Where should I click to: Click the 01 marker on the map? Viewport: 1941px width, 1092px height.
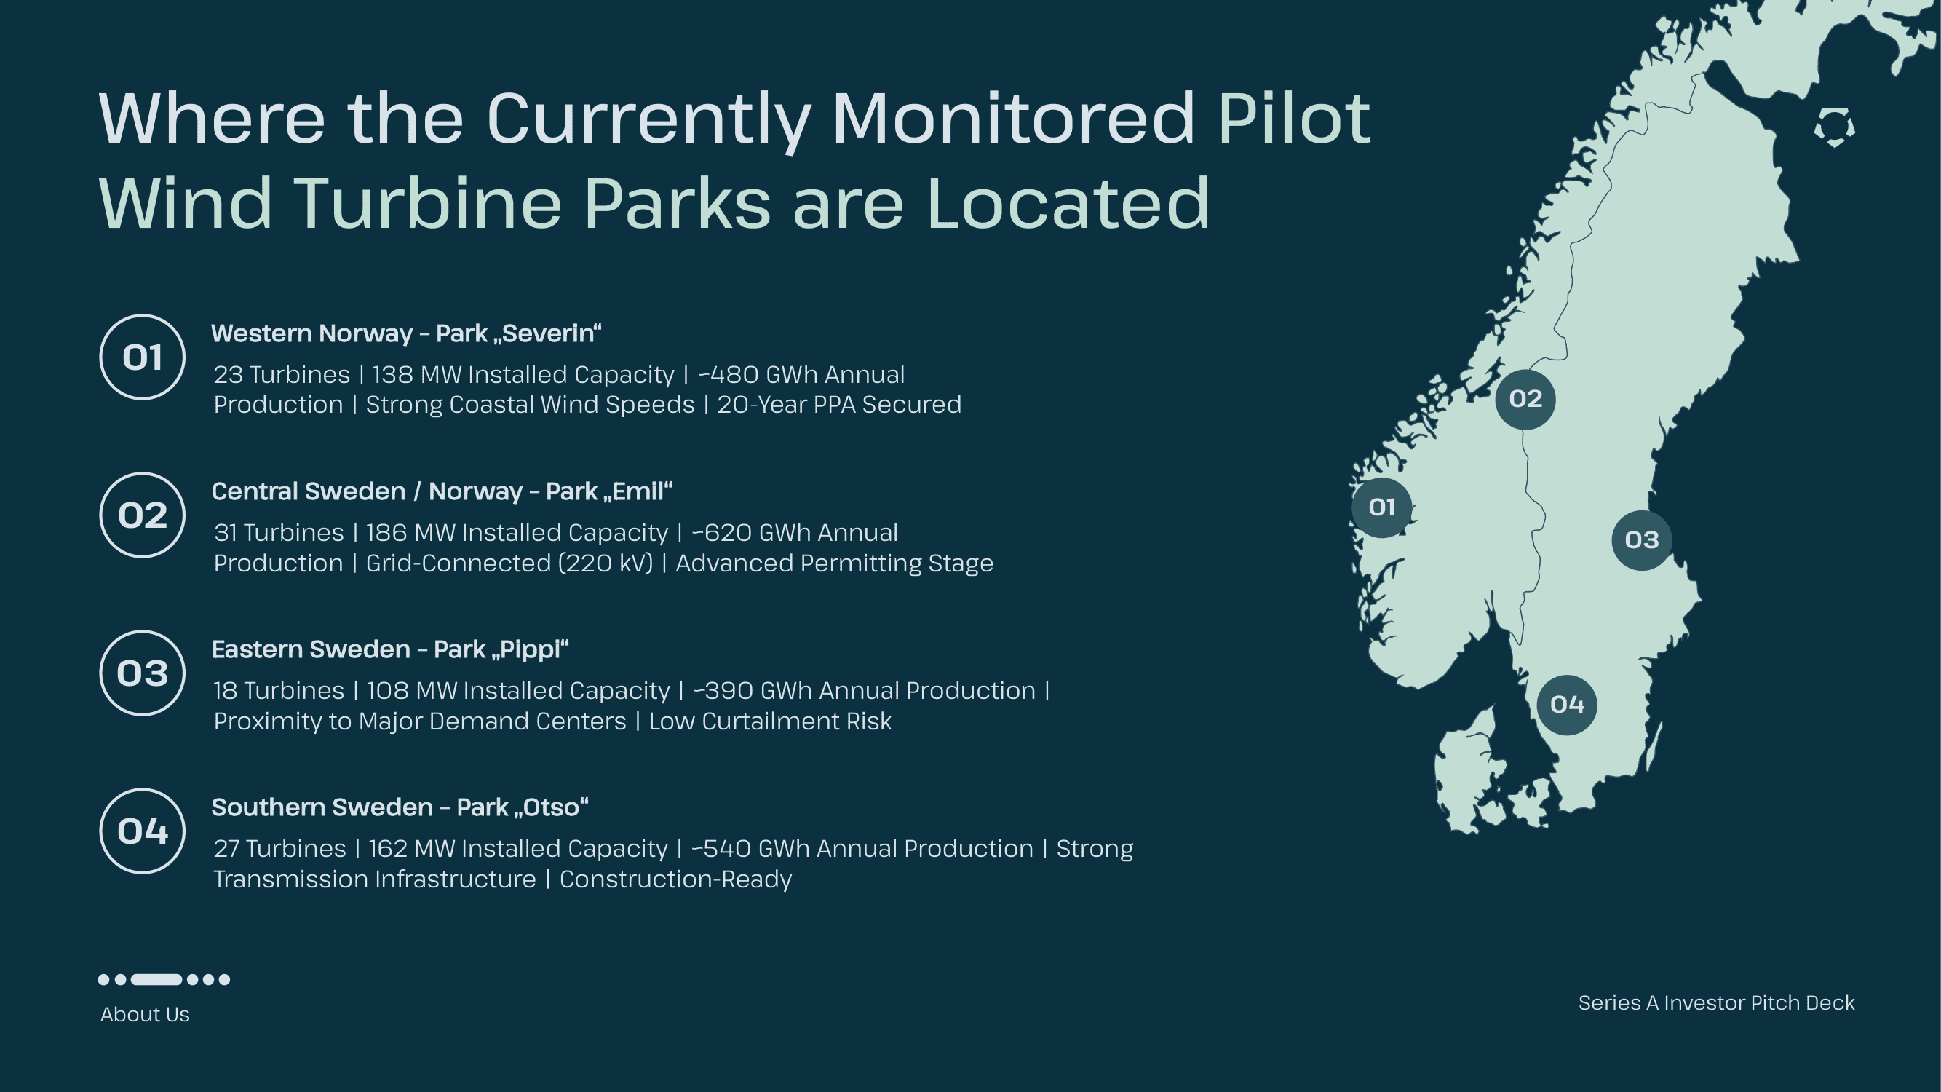pos(1381,507)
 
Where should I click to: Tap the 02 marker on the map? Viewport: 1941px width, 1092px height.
pos(1525,399)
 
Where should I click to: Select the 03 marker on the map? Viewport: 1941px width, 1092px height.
pos(1641,539)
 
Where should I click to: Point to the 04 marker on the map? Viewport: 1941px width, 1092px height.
pos(1566,705)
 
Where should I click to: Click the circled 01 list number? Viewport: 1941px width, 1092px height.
pos(143,357)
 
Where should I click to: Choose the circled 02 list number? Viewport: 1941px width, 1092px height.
pos(143,515)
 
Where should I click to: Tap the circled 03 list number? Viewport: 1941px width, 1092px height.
pos(143,673)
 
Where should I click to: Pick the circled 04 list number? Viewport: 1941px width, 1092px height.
pos(143,831)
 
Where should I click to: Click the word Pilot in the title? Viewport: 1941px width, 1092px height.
pos(1294,119)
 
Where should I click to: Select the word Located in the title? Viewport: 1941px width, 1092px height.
pos(1068,204)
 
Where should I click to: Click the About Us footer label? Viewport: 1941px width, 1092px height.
pos(145,1014)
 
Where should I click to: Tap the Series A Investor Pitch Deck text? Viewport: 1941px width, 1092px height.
pos(1716,1003)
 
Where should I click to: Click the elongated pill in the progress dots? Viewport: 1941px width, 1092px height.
pos(156,980)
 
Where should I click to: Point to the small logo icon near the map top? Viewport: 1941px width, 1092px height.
pos(1834,127)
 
